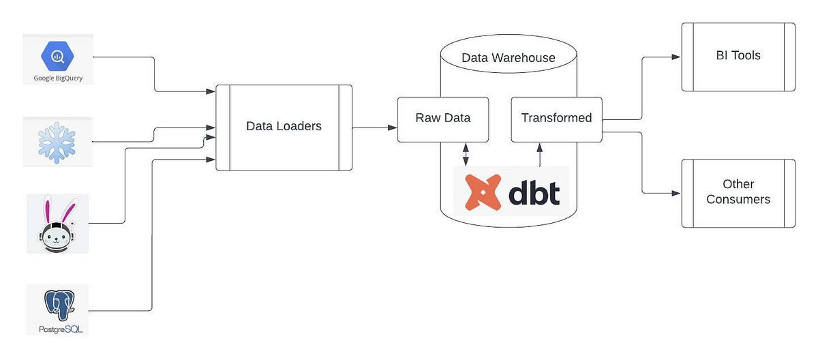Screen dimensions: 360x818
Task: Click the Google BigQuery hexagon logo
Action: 57,55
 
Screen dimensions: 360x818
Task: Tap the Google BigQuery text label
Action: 58,78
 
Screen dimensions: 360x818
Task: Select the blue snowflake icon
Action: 57,142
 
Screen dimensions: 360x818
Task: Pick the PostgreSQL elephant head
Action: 58,304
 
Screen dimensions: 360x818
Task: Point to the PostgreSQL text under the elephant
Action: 58,329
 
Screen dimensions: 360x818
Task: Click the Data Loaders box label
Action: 284,126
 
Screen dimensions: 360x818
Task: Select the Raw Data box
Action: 443,119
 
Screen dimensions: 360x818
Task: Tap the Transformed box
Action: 556,119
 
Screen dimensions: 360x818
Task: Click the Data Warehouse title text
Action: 509,58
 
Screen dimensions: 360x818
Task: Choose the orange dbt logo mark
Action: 483,192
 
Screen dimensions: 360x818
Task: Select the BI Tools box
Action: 738,57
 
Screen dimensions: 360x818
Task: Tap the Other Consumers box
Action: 738,192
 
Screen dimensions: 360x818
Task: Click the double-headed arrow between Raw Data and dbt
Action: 466,154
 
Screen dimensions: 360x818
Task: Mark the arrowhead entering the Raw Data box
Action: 393,127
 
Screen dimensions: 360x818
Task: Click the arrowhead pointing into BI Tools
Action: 676,57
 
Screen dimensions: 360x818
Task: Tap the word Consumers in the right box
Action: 738,200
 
